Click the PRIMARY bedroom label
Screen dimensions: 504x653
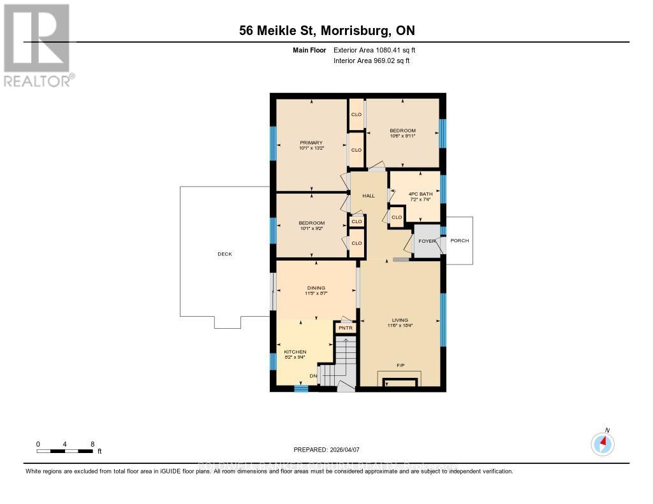312,143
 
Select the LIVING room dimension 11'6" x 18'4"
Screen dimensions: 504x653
400,326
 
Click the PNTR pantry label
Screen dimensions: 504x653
345,328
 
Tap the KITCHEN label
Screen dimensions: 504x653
295,352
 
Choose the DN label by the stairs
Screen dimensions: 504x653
313,376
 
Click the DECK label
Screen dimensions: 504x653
224,254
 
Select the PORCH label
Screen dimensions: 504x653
459,241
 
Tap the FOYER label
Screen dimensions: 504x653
427,241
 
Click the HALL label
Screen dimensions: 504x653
369,196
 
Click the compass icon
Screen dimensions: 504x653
603,443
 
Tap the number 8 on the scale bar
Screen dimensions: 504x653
92,444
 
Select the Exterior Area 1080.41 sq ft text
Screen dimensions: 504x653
375,50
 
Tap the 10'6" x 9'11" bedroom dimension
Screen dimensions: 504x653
402,136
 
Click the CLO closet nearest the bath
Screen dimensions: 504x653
397,217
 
